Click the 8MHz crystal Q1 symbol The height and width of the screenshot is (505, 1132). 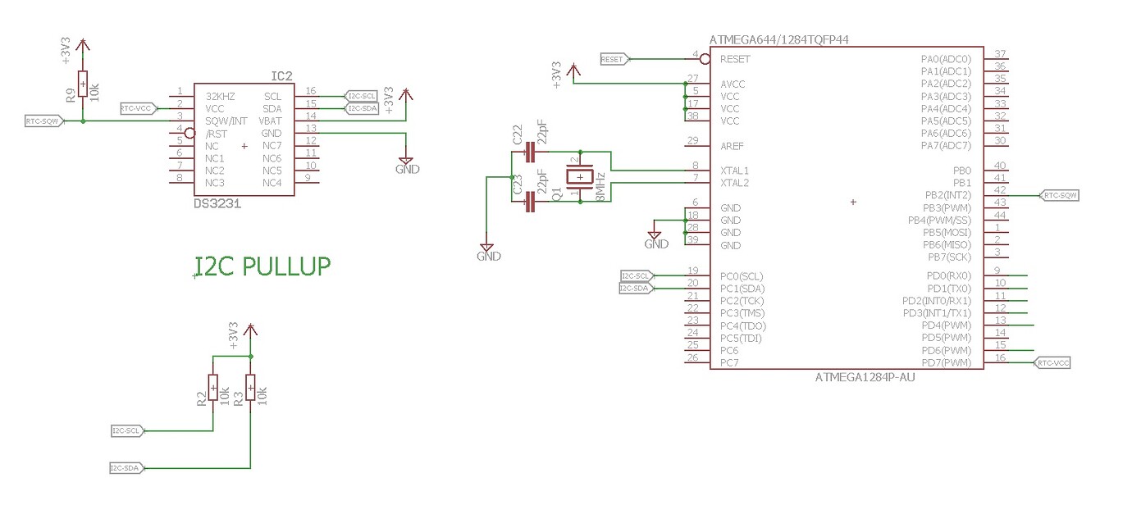tap(580, 176)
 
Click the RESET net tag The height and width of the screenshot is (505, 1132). tap(614, 59)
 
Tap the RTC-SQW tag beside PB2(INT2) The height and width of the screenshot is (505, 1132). tap(1059, 196)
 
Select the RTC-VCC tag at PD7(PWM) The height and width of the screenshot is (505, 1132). tap(1053, 362)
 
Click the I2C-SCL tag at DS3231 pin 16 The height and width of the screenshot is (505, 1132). tap(362, 96)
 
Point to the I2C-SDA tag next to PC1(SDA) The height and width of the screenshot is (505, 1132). tap(636, 288)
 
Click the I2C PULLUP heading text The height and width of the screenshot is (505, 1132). tap(262, 266)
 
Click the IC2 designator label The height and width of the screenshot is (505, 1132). tap(281, 76)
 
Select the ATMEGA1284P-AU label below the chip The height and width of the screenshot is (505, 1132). tap(865, 378)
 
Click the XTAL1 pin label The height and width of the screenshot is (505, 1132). tap(734, 171)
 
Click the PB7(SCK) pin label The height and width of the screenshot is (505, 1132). tap(949, 257)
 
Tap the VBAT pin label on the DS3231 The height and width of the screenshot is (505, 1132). tap(272, 121)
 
